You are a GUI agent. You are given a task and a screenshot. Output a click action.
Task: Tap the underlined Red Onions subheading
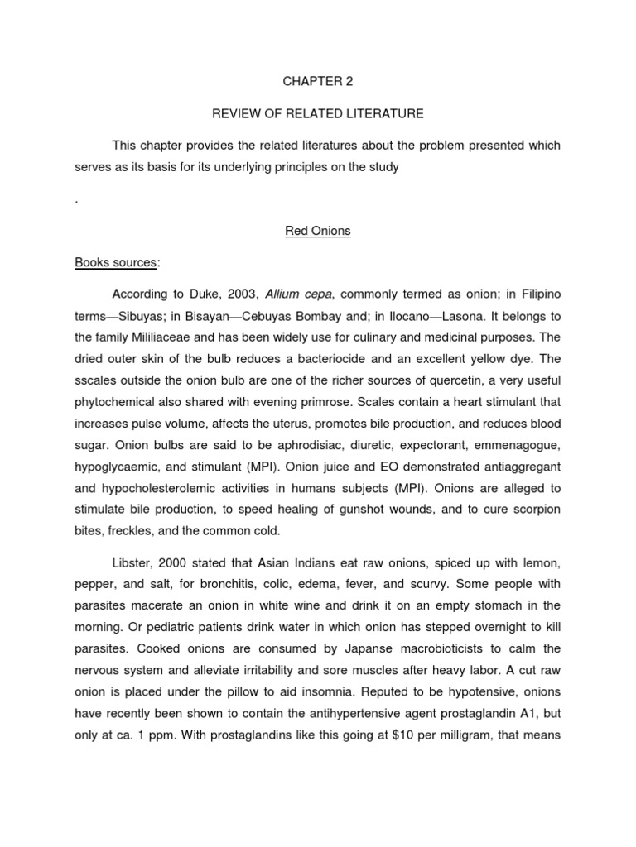click(317, 232)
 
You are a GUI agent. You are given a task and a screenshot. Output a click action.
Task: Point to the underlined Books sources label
click(115, 263)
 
